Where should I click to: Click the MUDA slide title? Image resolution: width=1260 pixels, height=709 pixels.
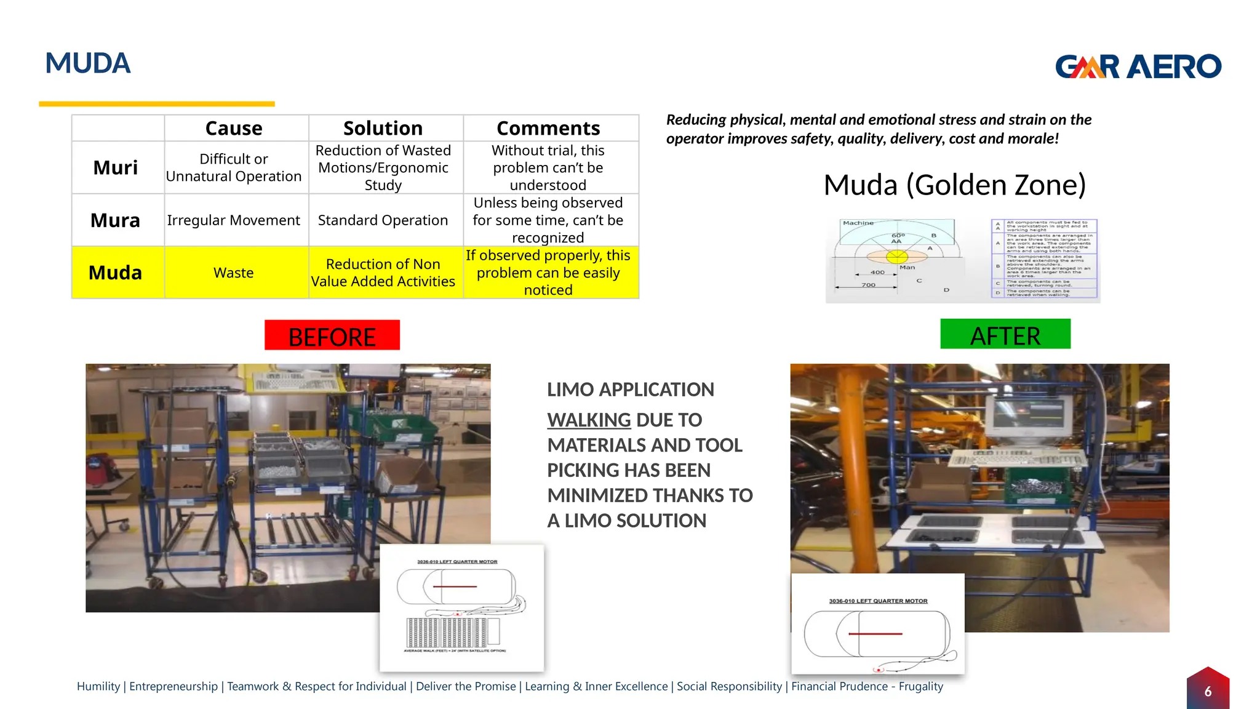coord(88,63)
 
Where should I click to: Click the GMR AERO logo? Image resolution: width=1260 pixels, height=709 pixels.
coord(1138,66)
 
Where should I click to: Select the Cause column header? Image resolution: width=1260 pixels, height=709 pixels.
coord(234,128)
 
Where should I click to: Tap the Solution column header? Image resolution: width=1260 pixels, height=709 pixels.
coord(383,128)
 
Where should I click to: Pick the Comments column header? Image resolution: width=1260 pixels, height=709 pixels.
coord(548,128)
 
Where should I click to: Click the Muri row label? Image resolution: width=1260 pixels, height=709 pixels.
coord(116,167)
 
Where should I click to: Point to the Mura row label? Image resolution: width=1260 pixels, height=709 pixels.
coord(116,220)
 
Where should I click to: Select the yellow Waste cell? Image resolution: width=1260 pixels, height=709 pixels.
coord(234,273)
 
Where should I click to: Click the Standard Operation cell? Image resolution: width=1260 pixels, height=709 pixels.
coord(383,220)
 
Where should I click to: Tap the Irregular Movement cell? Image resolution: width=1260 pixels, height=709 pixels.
coord(234,220)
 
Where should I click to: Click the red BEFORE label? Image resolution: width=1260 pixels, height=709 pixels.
coord(332,336)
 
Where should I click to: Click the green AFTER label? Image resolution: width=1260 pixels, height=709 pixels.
coord(1005,335)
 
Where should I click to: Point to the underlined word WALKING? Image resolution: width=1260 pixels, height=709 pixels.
coord(589,420)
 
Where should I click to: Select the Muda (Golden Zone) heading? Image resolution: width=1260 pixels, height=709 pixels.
coord(954,185)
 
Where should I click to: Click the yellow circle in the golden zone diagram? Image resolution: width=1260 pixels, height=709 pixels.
coord(897,256)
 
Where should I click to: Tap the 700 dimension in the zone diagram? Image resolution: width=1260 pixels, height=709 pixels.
coord(868,285)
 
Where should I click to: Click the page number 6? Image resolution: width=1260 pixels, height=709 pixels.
coord(1208,691)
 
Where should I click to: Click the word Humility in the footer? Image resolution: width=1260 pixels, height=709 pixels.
coord(98,686)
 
